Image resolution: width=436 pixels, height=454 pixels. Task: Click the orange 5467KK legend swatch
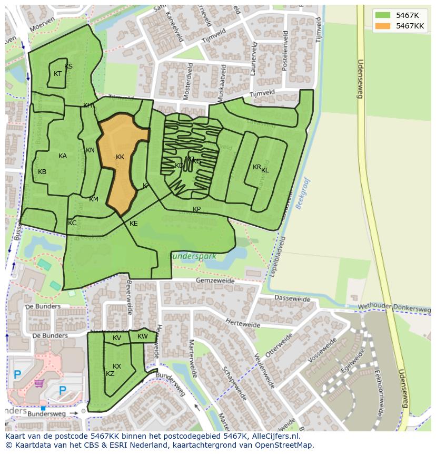point(383,26)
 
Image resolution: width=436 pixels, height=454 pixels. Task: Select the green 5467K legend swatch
point(383,15)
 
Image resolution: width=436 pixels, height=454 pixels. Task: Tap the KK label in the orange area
point(120,157)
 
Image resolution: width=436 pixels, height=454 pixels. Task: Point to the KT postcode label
point(58,74)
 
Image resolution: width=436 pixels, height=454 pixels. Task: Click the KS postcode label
point(68,66)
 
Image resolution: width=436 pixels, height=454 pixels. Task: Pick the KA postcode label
point(63,156)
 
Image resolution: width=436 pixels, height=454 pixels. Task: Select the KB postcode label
point(42,172)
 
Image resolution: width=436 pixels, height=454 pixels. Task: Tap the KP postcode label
point(196,209)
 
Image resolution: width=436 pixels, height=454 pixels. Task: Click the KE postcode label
point(134,224)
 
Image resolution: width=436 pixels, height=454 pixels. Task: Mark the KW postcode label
point(143,336)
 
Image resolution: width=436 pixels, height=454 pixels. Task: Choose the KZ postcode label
point(110,374)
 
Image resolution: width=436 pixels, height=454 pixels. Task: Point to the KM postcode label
point(94,199)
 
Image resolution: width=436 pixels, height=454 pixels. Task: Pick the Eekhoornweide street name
point(383,388)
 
